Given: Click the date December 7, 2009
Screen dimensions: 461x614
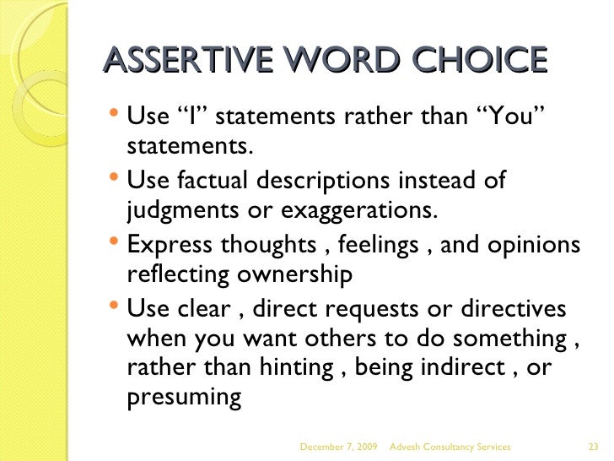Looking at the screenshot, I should [x=339, y=445].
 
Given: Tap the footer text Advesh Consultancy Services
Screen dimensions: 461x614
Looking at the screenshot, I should [x=455, y=445].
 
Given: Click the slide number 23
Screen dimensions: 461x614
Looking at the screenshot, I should [x=591, y=445].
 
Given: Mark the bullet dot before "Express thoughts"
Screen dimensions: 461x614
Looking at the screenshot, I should [x=116, y=244].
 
